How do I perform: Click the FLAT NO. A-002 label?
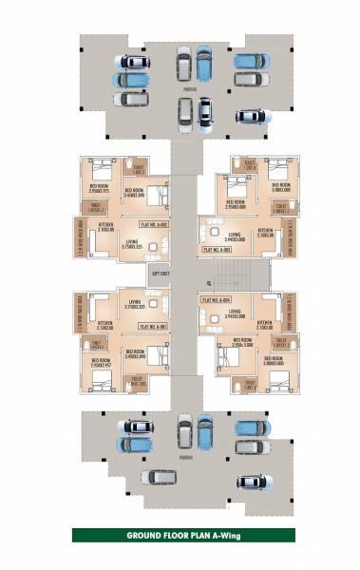(154, 224)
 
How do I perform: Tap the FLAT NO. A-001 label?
(154, 326)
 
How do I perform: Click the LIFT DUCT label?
(160, 274)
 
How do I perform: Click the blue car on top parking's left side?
(131, 80)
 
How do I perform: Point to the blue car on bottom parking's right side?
(249, 427)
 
